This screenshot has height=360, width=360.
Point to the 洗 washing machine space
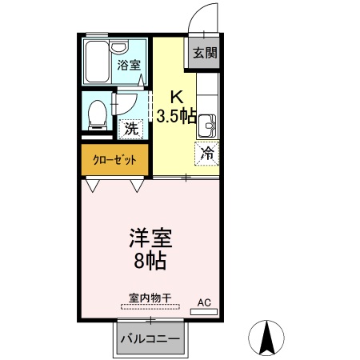[x=128, y=126]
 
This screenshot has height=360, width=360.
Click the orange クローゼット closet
[x=114, y=159]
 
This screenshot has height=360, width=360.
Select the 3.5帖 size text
[x=177, y=116]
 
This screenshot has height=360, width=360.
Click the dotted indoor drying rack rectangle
[x=145, y=306]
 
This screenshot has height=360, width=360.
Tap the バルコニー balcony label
[x=150, y=338]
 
